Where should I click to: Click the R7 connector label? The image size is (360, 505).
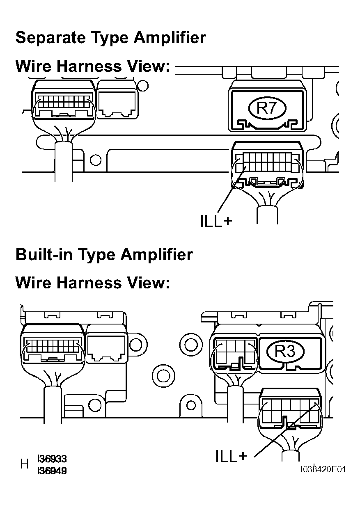267,108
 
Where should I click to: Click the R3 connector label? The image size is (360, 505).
285,351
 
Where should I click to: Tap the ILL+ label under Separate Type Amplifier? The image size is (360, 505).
216,221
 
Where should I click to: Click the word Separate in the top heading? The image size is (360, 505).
50,38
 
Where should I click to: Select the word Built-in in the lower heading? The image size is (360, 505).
44,255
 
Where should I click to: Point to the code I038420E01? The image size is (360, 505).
323,469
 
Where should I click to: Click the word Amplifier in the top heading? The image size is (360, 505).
170,37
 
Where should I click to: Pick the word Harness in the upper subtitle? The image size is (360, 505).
89,66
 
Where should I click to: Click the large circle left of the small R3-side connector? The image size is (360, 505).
190,345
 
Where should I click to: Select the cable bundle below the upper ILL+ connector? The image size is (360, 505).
267,215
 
